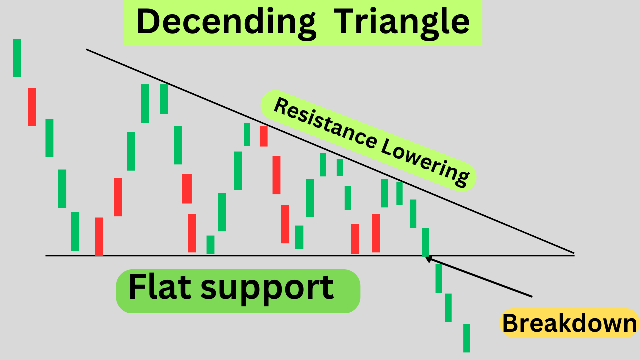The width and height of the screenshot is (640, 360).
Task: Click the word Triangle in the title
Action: (401, 23)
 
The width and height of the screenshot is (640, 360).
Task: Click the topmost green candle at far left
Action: (17, 58)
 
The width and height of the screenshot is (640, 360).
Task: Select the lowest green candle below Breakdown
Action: (467, 338)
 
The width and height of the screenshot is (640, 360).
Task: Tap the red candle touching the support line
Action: (99, 236)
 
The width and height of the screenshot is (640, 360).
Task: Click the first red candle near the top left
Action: (32, 107)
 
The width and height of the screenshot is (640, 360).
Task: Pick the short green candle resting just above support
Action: (211, 244)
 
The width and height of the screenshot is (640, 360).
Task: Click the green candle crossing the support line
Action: (426, 242)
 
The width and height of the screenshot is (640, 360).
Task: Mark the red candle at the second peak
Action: (263, 136)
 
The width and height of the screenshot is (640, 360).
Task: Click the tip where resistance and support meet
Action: (574, 253)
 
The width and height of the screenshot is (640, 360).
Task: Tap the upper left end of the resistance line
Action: (87, 49)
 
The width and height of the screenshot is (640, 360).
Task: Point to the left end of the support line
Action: (46, 255)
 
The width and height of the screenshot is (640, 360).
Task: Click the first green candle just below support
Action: (439, 278)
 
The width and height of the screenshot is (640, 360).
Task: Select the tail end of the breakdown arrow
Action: (532, 296)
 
